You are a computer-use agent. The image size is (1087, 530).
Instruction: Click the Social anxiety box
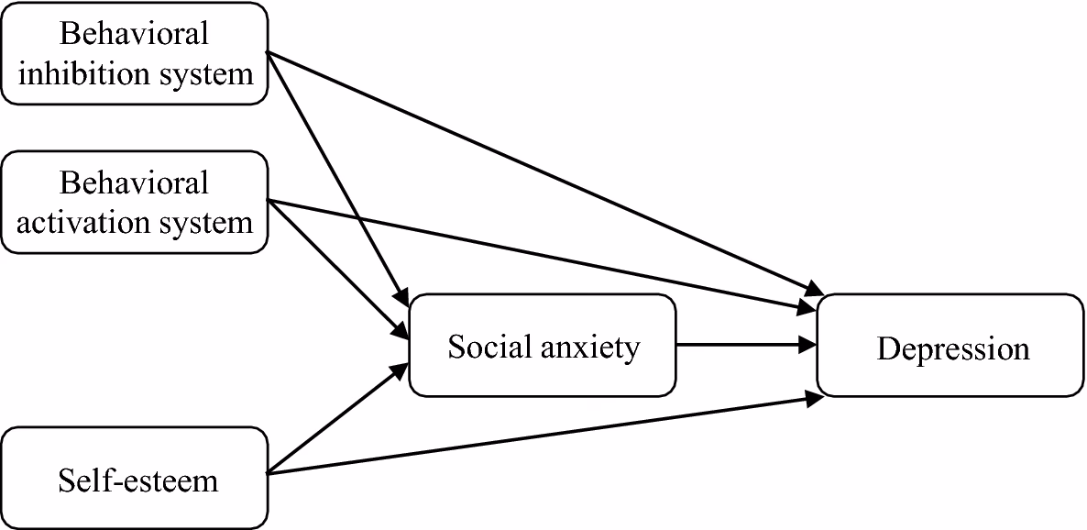(542, 345)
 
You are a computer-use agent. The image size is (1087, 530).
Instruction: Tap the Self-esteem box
(135, 477)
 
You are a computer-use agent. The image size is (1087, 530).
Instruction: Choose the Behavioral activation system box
(135, 202)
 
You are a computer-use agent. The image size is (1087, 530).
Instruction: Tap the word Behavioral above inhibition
(135, 33)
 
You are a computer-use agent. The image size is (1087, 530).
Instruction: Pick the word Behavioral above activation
(135, 182)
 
